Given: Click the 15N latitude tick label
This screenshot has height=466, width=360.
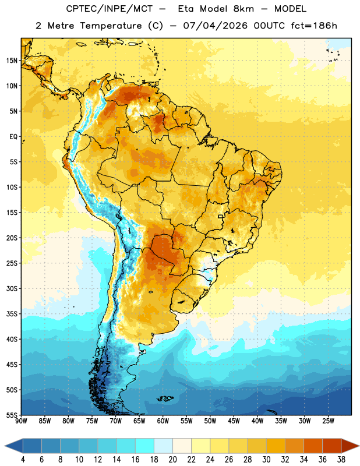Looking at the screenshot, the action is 12,61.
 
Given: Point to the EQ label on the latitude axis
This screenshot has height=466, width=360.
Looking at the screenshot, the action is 13,137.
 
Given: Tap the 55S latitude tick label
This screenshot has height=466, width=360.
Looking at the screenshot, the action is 12,415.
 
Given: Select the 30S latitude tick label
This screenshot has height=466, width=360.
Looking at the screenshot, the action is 12,288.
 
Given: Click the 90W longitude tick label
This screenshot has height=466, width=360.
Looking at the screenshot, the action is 22,421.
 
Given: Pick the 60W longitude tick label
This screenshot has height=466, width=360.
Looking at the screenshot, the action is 163,421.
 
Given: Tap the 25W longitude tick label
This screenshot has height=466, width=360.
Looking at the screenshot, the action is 328,421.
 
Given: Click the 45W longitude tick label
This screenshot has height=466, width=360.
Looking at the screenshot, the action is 234,421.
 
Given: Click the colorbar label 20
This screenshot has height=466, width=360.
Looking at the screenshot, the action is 172,460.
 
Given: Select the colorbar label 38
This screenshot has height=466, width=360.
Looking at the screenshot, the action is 341,460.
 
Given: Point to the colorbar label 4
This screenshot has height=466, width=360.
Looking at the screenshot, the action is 23,460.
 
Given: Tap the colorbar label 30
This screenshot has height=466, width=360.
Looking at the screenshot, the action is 266,460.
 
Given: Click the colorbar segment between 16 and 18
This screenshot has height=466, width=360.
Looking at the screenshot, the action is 145,446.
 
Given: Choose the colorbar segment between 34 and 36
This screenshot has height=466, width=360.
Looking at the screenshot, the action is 313,446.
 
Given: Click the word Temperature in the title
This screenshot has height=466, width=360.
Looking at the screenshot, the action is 111,26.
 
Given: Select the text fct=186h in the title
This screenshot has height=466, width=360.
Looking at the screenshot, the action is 314,26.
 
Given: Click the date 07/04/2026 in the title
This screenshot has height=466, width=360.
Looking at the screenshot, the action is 215,26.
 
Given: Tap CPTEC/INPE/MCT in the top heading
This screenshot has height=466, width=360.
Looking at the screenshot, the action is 110,9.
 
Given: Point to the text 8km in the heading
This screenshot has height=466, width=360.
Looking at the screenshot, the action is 243,9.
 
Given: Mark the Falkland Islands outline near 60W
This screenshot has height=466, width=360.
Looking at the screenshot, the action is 165,398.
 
